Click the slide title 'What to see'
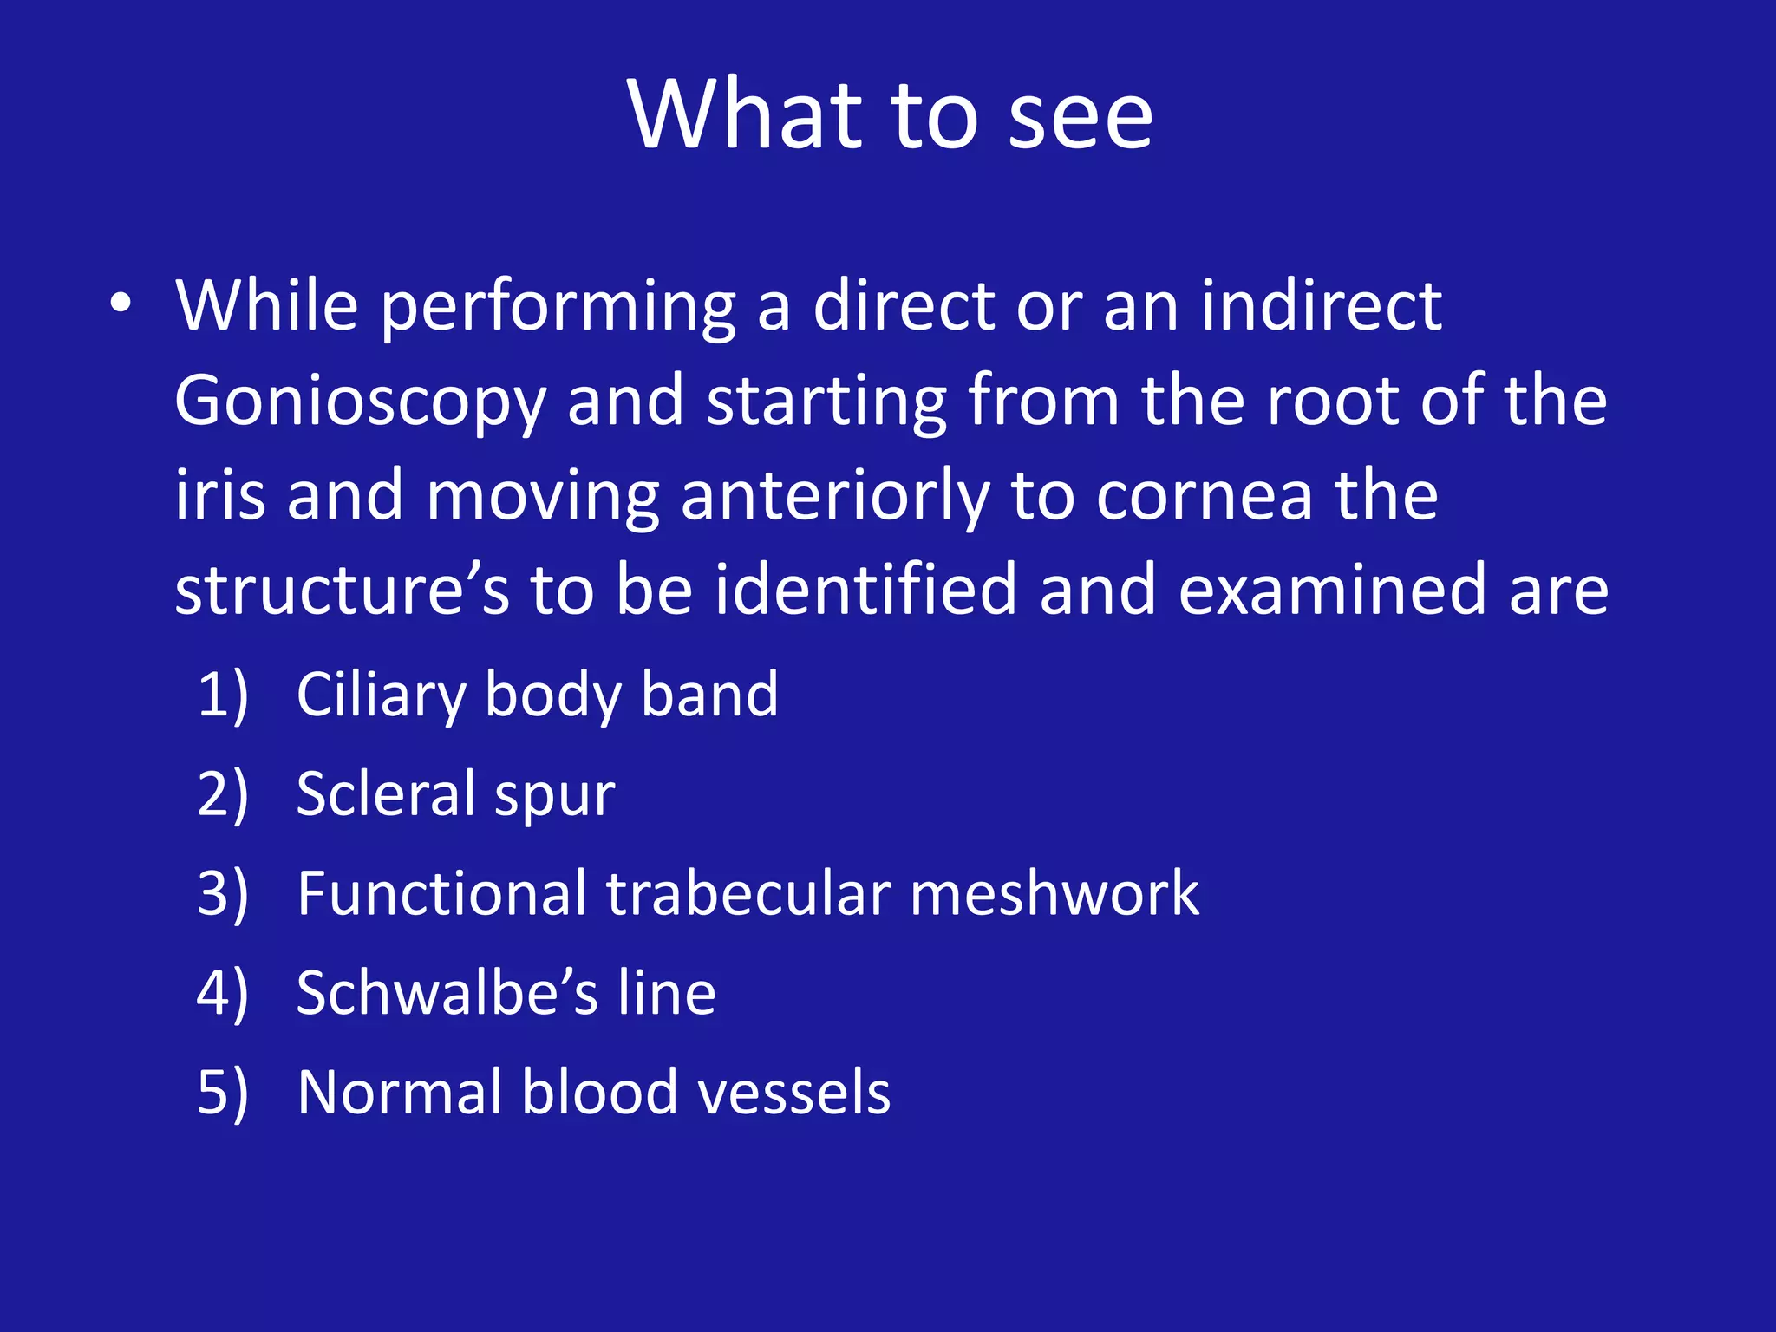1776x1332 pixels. (890, 114)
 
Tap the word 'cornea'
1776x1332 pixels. (1204, 496)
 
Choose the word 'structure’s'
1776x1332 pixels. (342, 591)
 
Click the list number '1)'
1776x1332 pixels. (223, 695)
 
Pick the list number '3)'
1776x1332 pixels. (223, 893)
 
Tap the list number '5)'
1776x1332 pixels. (223, 1092)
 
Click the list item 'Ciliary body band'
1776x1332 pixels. (537, 695)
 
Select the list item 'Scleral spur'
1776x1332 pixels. (455, 794)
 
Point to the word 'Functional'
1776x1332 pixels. (441, 893)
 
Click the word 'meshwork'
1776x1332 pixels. (1054, 893)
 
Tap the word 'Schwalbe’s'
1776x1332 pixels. (447, 992)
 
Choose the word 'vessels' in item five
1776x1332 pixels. (793, 1092)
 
